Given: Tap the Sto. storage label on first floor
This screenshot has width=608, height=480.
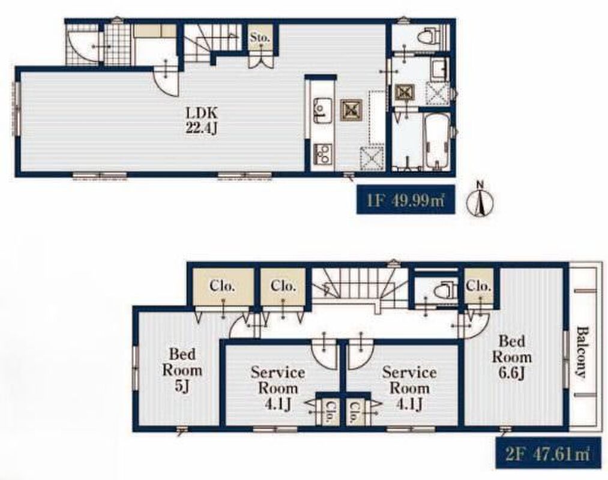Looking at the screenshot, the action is coord(260,38).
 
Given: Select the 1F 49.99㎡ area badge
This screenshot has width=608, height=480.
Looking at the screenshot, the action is coord(406,199).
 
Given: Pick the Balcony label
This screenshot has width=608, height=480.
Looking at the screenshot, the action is coord(581,352).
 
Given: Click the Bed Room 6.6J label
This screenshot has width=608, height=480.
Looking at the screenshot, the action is coord(512,357).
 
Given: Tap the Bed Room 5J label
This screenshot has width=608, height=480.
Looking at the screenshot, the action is coord(182,370).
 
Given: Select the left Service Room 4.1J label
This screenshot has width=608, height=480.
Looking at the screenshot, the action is coord(278,388).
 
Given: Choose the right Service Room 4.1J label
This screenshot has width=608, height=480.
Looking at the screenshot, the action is coord(409,388).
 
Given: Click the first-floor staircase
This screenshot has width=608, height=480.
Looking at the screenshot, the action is coord(212,42).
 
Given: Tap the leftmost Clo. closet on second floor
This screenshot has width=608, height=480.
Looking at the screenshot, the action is coord(223,286).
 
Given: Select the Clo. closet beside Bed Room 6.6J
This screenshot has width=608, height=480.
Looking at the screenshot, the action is coord(479,286).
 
